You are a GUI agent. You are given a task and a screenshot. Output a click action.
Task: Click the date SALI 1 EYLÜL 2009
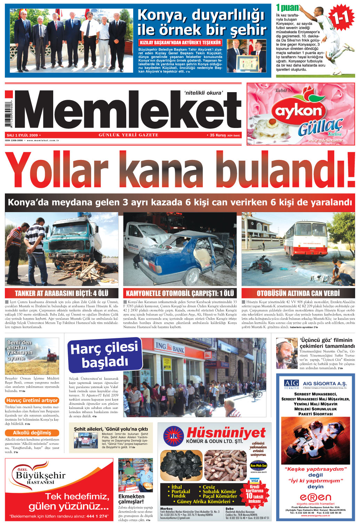pos(22,135)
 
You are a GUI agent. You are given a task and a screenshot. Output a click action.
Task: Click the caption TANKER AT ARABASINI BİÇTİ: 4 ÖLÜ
pos(62,293)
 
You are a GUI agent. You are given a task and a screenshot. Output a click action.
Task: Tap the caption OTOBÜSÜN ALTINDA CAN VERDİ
pos(298,293)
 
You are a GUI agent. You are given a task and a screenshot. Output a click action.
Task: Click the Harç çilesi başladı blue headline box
pos(104,355)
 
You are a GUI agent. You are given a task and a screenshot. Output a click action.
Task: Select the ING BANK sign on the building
pos(169,347)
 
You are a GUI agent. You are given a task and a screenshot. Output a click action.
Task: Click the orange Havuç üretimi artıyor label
pos(32,400)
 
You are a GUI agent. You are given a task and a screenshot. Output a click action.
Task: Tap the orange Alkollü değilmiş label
pos(32,433)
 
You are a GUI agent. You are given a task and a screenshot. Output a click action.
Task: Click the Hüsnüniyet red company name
pos(226,433)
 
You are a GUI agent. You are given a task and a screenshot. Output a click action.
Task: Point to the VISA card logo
pos(255,481)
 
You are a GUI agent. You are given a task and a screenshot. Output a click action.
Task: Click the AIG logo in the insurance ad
pos(291,384)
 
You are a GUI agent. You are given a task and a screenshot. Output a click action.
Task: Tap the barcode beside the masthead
pos(8,115)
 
